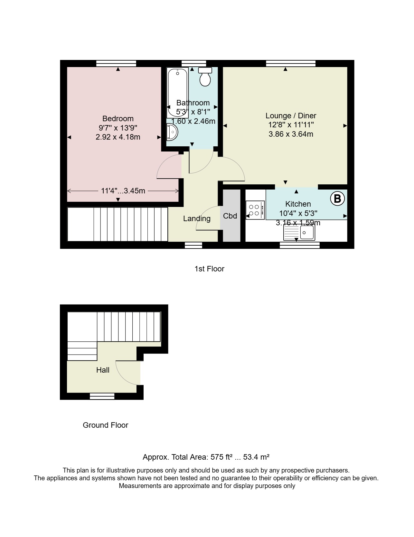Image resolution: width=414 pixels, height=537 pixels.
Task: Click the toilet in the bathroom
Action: pyautogui.click(x=205, y=77)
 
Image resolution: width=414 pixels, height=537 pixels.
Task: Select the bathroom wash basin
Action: pyautogui.click(x=172, y=132)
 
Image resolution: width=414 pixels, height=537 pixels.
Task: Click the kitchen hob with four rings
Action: pyautogui.click(x=255, y=210)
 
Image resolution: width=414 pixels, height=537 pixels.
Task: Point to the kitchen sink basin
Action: pyautogui.click(x=307, y=232)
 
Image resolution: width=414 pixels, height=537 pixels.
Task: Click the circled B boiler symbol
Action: pyautogui.click(x=337, y=199)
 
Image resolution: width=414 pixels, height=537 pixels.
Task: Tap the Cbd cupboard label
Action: pyautogui.click(x=230, y=216)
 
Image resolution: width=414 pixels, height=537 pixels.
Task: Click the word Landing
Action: pyautogui.click(x=197, y=219)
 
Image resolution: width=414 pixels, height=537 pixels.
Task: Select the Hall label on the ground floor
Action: pyautogui.click(x=103, y=370)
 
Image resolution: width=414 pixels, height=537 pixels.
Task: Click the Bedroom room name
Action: pyautogui.click(x=118, y=119)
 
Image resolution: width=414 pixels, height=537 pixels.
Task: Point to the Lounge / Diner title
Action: pyautogui.click(x=291, y=116)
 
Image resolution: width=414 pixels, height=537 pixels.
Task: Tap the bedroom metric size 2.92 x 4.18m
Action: pyautogui.click(x=118, y=137)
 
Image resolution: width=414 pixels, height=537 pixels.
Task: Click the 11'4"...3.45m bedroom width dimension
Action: pyautogui.click(x=123, y=191)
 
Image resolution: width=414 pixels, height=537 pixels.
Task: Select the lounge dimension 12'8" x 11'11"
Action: pyautogui.click(x=291, y=125)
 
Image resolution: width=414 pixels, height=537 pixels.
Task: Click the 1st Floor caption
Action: pyautogui.click(x=209, y=269)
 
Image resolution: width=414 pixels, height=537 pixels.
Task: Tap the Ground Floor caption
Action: pyautogui.click(x=106, y=425)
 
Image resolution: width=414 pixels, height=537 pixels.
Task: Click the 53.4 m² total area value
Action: pyautogui.click(x=256, y=457)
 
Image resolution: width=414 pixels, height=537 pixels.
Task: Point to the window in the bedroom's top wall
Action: pyautogui.click(x=116, y=63)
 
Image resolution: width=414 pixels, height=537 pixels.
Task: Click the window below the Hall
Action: pyautogui.click(x=102, y=396)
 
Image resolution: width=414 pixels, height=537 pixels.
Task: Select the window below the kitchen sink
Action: pyautogui.click(x=300, y=245)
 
